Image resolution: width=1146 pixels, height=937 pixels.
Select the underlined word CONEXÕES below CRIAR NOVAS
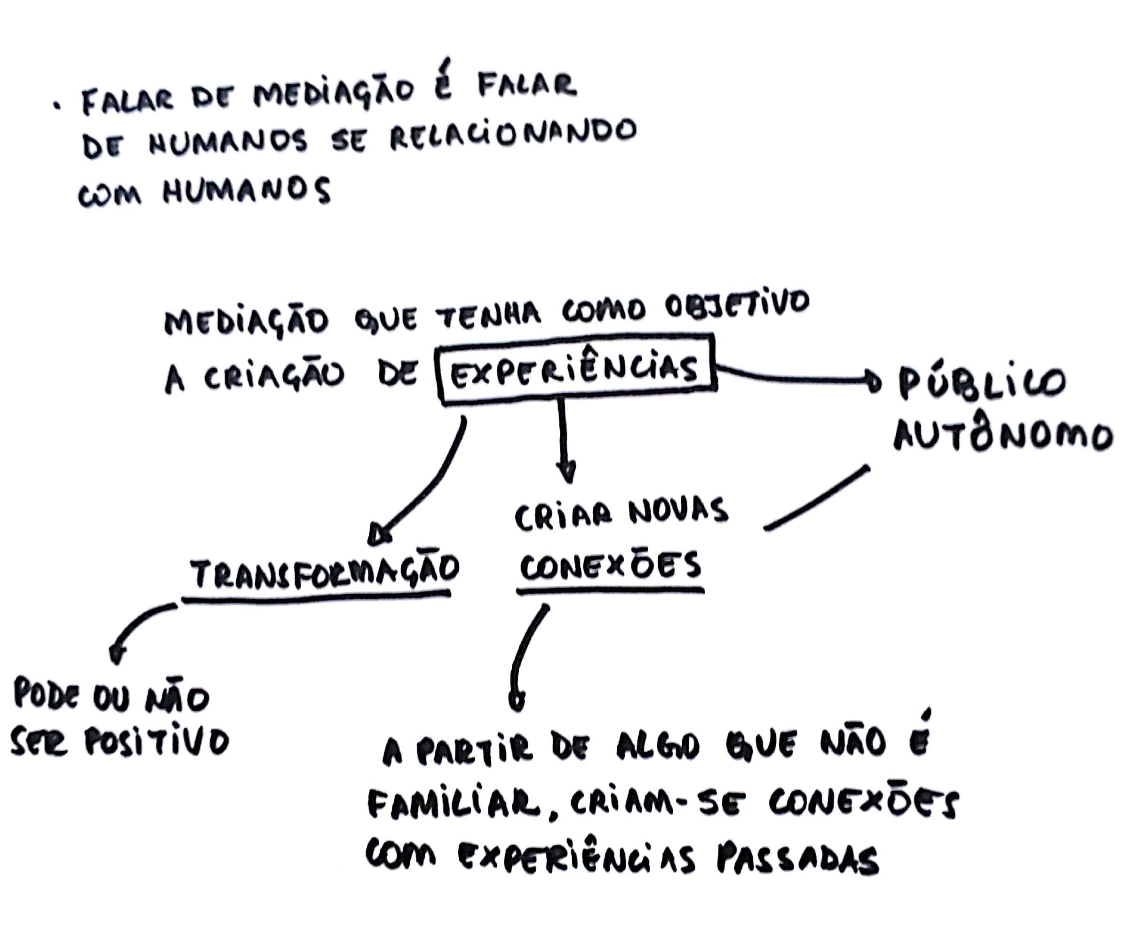pyautogui.click(x=611, y=566)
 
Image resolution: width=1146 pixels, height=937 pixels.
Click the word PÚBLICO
pyautogui.click(x=980, y=383)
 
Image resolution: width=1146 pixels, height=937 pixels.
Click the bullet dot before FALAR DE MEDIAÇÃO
pyautogui.click(x=55, y=106)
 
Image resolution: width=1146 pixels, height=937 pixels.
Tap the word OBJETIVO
pyautogui.click(x=737, y=307)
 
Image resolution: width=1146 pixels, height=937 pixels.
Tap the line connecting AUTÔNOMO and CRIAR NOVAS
pyautogui.click(x=816, y=499)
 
